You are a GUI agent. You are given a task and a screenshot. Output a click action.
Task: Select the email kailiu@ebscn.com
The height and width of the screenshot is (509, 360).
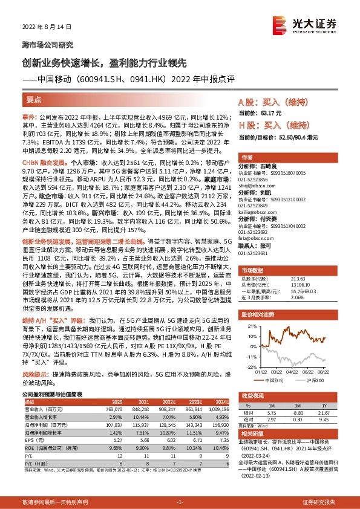tap(257, 213)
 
